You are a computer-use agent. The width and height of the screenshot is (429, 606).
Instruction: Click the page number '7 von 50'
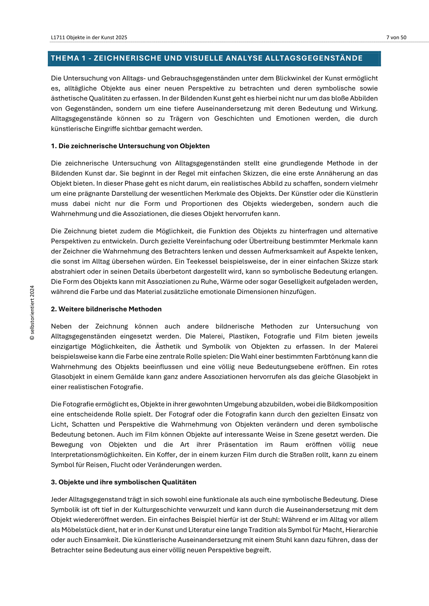pos(396,37)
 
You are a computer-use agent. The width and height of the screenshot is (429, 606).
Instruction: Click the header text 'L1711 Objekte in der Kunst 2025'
pos(89,37)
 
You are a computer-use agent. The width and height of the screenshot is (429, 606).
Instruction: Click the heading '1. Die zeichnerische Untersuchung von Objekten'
pos(130,146)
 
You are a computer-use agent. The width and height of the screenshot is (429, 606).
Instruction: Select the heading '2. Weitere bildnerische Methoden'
pos(106,309)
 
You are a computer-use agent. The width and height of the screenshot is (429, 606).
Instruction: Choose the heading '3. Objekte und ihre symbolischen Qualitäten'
pos(124,482)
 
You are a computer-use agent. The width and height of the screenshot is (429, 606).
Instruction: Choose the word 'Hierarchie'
pos(363,530)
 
